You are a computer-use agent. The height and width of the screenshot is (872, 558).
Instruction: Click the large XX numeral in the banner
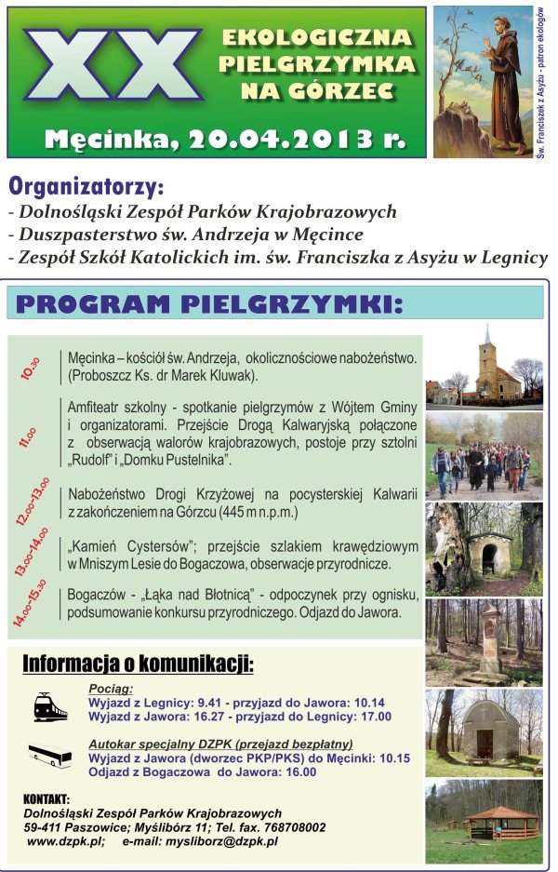point(112,66)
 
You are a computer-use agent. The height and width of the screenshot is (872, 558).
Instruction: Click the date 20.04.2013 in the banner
point(278,140)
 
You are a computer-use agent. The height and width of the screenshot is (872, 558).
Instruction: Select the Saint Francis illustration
point(483,82)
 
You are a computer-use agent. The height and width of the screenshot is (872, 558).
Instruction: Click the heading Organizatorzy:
point(85,186)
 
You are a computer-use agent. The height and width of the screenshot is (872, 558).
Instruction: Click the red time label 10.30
point(31,369)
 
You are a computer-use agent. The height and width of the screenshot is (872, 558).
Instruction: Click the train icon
point(50,706)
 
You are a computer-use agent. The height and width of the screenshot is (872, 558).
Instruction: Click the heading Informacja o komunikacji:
point(138,664)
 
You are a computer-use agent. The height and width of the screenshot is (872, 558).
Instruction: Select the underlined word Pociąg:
point(112,689)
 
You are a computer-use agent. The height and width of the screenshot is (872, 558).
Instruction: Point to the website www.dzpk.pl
point(65,841)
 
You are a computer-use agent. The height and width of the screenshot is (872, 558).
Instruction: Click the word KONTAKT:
point(47,798)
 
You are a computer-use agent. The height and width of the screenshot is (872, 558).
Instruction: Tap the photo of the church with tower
point(484,367)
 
